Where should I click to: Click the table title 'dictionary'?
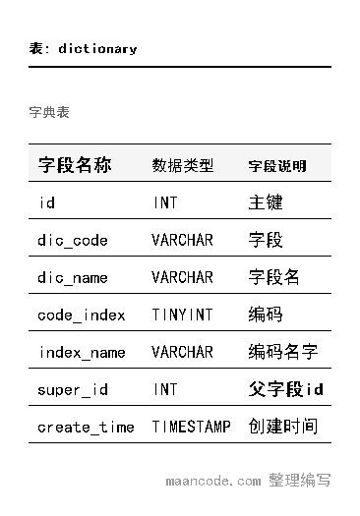pyautogui.click(x=97, y=48)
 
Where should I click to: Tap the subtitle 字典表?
pyautogui.click(x=49, y=112)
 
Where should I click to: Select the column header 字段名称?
pyautogui.click(x=75, y=165)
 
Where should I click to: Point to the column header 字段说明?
pyautogui.click(x=277, y=166)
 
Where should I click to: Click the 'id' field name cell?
pyautogui.click(x=46, y=203)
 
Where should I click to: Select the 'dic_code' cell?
pyautogui.click(x=73, y=241)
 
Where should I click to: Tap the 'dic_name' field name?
pyautogui.click(x=73, y=278)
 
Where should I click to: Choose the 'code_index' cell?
pyautogui.click(x=82, y=315)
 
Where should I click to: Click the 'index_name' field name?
pyautogui.click(x=82, y=353)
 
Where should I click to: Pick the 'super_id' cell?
pyautogui.click(x=73, y=390)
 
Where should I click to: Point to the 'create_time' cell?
pyautogui.click(x=87, y=428)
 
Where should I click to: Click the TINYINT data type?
pyautogui.click(x=182, y=315)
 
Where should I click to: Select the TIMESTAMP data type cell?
pyautogui.click(x=191, y=428)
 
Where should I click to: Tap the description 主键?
pyautogui.click(x=266, y=203)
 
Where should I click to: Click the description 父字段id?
pyautogui.click(x=286, y=390)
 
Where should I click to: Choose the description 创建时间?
pyautogui.click(x=283, y=428)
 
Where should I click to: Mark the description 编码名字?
pyautogui.click(x=283, y=353)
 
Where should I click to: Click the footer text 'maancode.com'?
pyautogui.click(x=213, y=482)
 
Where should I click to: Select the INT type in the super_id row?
pyautogui.click(x=165, y=390)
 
